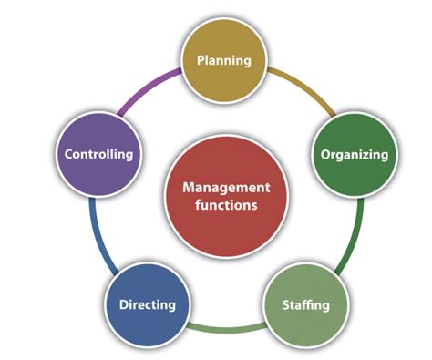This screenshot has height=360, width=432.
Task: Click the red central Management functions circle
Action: click(219, 195)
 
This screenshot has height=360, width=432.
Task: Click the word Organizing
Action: click(354, 154)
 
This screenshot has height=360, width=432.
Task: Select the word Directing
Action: click(147, 304)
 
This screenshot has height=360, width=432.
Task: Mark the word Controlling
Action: click(98, 154)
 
